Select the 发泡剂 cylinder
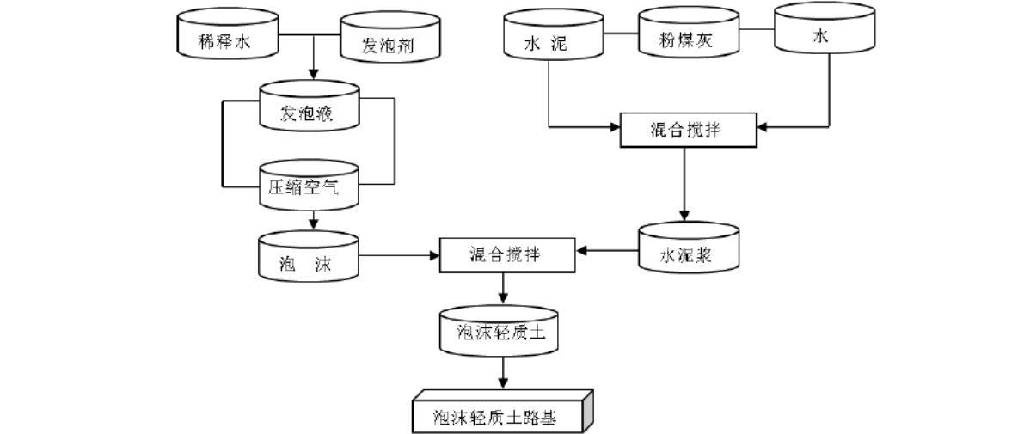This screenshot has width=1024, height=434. (x=390, y=39)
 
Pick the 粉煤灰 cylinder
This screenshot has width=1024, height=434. (x=689, y=34)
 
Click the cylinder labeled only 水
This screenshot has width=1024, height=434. (x=823, y=30)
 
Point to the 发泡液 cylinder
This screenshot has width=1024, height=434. (x=308, y=107)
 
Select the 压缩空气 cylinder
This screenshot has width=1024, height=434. (x=308, y=186)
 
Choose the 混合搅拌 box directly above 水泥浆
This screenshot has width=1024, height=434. (x=688, y=130)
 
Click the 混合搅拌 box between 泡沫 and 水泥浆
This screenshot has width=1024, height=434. (x=507, y=255)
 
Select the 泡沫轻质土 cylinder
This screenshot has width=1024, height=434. (x=499, y=331)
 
